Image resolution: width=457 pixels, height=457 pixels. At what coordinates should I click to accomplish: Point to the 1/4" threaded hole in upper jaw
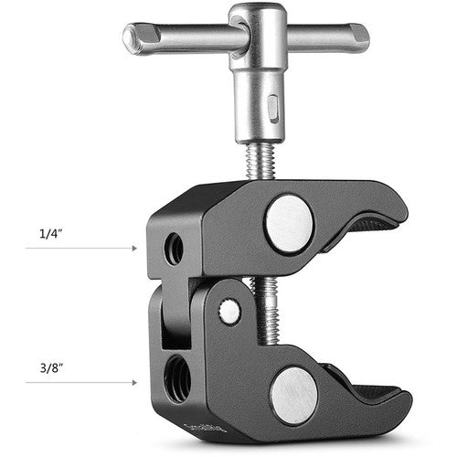coord(174,249)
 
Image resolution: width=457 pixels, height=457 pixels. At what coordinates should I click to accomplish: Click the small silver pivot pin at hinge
coord(230,311)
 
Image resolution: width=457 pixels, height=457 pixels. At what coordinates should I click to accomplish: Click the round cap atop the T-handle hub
coord(257,16)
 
